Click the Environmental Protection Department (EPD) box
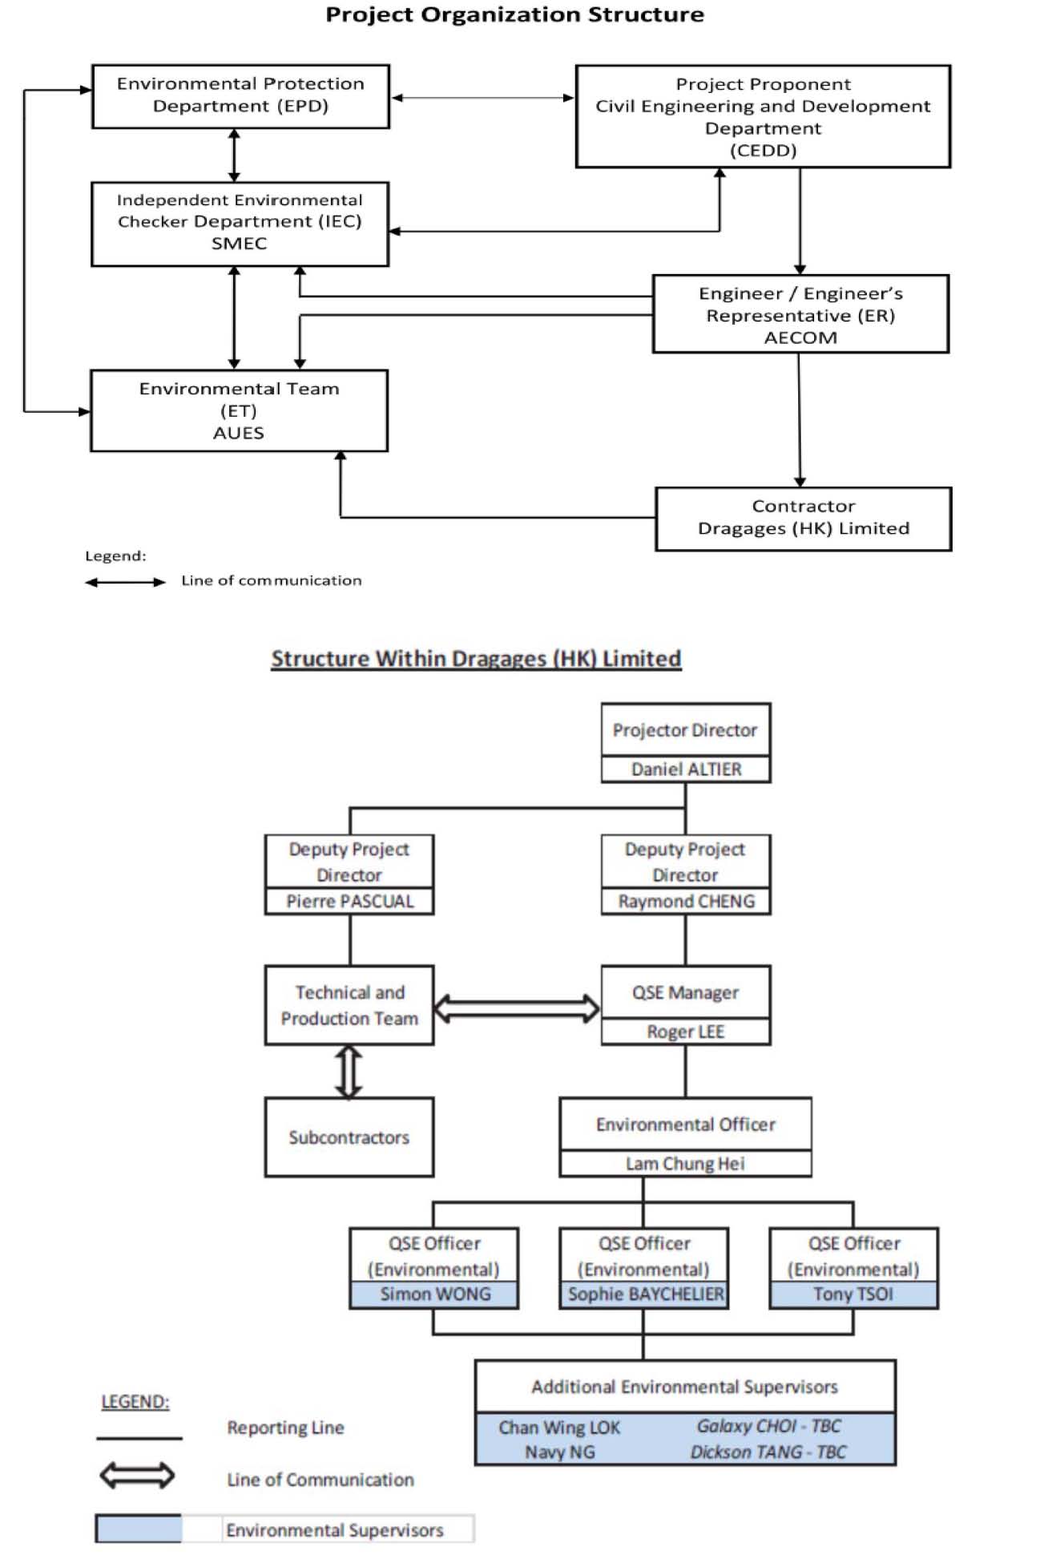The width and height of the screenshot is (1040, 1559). (240, 96)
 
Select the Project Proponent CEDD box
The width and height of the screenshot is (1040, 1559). (763, 116)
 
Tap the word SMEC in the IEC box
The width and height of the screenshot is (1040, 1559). (239, 244)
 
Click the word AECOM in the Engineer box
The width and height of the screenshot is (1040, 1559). (800, 337)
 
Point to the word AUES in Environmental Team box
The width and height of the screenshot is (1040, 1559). (239, 433)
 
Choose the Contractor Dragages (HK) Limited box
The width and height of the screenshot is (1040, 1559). (804, 519)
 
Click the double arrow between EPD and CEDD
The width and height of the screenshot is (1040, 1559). (482, 98)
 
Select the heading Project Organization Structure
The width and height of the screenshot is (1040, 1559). (514, 14)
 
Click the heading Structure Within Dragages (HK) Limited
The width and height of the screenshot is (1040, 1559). (476, 659)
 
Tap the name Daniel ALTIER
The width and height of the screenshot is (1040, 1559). (686, 769)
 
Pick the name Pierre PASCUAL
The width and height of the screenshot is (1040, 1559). (350, 902)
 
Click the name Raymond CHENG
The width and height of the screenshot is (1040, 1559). (686, 902)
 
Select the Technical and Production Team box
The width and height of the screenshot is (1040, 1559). (349, 1005)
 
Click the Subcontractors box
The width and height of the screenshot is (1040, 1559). (349, 1137)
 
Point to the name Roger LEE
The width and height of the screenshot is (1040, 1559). (686, 1032)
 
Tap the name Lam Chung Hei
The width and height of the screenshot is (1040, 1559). (686, 1164)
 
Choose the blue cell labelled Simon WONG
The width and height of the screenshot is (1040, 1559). (434, 1294)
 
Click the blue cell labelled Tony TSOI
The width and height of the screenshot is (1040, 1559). (853, 1294)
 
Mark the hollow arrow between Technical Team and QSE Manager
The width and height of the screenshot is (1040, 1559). (517, 1008)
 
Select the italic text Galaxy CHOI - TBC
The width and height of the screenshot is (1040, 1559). (769, 1426)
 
